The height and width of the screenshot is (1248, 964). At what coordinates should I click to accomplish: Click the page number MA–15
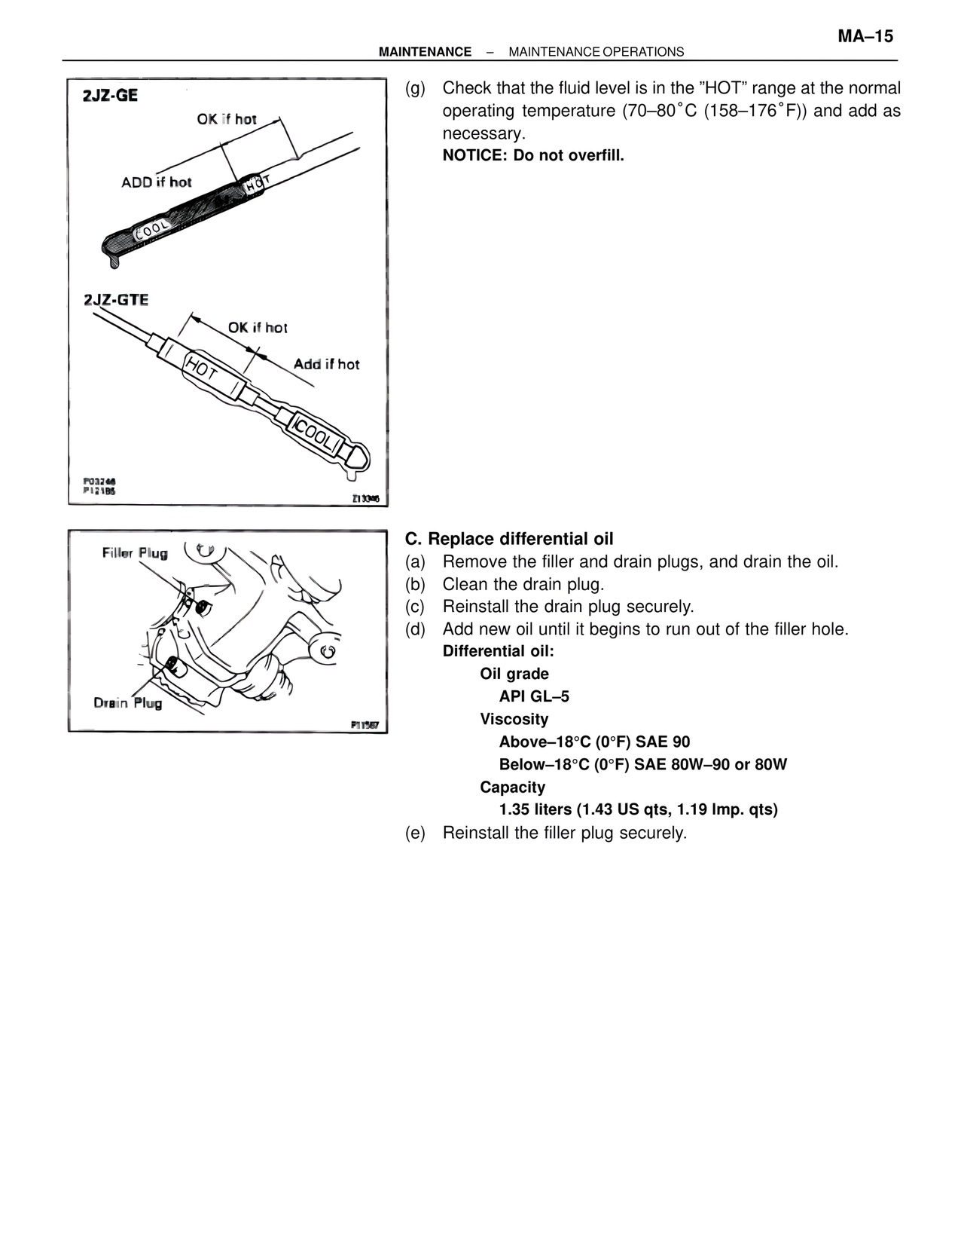pos(865,36)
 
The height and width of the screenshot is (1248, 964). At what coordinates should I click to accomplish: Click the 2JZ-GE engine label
pos(111,96)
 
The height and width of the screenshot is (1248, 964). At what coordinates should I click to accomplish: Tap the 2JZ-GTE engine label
pos(116,300)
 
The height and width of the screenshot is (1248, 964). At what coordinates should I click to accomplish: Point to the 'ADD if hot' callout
pos(157,182)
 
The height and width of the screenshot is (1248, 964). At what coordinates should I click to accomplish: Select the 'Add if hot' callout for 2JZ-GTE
pos(326,365)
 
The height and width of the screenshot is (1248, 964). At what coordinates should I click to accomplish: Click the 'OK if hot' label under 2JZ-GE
pos(227,119)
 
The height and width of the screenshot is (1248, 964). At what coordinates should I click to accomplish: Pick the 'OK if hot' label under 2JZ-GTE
pos(258,328)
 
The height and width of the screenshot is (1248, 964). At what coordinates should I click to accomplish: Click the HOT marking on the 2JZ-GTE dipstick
pos(202,369)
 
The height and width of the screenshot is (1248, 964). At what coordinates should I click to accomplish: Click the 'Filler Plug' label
pos(135,553)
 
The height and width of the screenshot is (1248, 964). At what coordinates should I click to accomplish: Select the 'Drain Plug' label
pos(128,703)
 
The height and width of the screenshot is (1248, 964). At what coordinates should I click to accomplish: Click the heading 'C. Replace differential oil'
pos(509,539)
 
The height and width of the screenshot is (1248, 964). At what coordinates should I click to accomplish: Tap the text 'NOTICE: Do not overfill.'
pos(533,156)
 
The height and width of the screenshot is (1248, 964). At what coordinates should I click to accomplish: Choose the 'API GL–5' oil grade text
pos(534,696)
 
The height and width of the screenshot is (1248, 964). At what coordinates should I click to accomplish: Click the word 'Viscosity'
pos(514,719)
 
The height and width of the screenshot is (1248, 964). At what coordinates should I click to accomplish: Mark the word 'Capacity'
pos(513,787)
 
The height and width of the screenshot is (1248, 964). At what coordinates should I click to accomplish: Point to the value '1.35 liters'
pos(535,809)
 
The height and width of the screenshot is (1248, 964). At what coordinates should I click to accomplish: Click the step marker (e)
pos(415,833)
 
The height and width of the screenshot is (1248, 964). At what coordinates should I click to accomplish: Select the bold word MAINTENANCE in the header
pos(425,52)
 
